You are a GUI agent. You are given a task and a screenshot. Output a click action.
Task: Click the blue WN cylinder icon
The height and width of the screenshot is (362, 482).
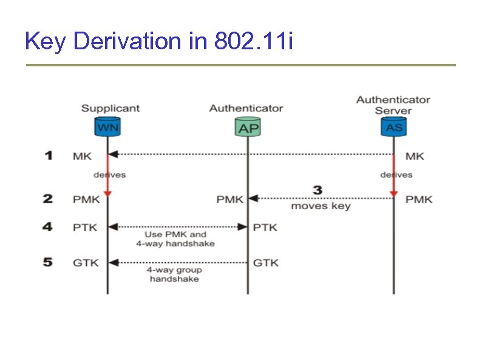(107, 127)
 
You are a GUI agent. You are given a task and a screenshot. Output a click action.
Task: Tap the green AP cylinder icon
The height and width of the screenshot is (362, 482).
(248, 127)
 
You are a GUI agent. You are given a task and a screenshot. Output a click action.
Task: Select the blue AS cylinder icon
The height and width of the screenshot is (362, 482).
(393, 127)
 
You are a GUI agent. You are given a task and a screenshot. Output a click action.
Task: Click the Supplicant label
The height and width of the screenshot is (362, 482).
(110, 108)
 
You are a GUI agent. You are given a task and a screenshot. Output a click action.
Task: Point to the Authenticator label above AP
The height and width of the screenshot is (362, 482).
(246, 108)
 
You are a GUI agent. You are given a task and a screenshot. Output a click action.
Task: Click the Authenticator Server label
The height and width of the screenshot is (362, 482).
(393, 105)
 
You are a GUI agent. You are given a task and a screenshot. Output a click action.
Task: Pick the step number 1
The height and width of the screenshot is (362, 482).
(49, 156)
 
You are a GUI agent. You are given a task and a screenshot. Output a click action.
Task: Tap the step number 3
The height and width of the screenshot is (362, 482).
(317, 190)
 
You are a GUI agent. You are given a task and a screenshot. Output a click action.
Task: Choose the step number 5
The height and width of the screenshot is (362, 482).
(49, 262)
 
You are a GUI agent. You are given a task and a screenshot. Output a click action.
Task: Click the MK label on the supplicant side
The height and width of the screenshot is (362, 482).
(82, 156)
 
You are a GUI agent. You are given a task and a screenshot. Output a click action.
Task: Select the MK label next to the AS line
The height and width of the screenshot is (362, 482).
(415, 156)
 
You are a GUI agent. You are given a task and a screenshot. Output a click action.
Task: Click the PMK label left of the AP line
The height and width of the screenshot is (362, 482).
(230, 200)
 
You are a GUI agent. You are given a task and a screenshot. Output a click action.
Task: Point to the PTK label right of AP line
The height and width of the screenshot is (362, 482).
(265, 228)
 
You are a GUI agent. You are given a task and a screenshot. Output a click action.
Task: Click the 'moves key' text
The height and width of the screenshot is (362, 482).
(321, 206)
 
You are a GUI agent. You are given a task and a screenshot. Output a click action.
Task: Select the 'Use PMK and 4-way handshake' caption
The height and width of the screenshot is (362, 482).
(175, 238)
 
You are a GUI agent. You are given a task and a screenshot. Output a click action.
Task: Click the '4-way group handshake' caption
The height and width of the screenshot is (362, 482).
(174, 274)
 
